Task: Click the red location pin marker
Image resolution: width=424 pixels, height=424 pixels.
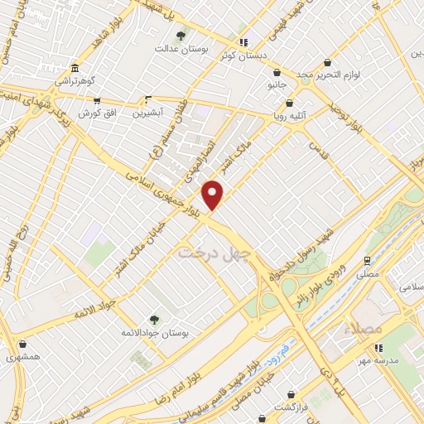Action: pos(214,195)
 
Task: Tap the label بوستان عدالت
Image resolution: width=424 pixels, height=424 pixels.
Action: pos(181,49)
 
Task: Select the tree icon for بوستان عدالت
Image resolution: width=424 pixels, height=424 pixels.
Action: pos(181,36)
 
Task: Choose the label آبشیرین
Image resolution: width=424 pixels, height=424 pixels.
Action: pos(150,112)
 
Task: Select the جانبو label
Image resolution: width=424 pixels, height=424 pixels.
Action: pos(275,84)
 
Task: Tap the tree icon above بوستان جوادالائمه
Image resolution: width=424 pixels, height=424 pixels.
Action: pos(154,318)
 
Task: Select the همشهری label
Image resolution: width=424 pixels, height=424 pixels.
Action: pos(22,358)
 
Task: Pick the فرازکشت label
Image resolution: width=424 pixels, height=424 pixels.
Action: pos(291,409)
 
